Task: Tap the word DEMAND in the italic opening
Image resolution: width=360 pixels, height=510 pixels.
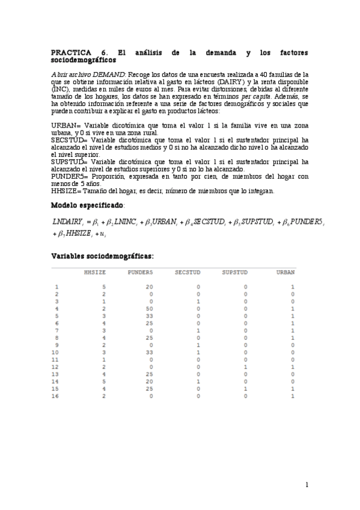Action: pyautogui.click(x=109, y=74)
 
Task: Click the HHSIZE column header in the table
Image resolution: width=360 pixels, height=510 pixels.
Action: pyautogui.click(x=95, y=272)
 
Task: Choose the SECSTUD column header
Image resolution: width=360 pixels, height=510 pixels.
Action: pyautogui.click(x=186, y=272)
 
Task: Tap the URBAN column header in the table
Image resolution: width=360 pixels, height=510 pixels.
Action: pyautogui.click(x=285, y=272)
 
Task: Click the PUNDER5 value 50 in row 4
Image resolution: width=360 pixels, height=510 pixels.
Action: pyautogui.click(x=150, y=308)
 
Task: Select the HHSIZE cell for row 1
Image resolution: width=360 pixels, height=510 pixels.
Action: pyautogui.click(x=103, y=287)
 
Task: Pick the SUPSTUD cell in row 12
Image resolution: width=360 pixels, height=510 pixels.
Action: pyautogui.click(x=245, y=366)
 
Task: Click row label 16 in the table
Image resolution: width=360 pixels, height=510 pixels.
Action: pyautogui.click(x=56, y=395)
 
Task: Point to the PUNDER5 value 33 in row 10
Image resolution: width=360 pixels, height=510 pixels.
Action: pyautogui.click(x=150, y=352)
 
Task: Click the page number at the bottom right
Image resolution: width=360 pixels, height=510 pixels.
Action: pyautogui.click(x=307, y=485)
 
